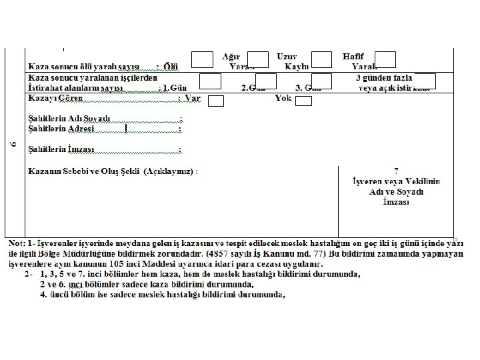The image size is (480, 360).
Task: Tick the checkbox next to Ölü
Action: click(202, 60)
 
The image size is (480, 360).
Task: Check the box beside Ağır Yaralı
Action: click(258, 60)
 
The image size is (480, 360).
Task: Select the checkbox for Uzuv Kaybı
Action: click(321, 60)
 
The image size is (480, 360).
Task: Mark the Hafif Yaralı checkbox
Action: click(385, 60)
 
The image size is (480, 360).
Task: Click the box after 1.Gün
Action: click(210, 82)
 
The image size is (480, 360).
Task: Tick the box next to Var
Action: click(215, 101)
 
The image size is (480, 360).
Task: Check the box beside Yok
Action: click(303, 101)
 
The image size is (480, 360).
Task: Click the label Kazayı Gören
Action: click(51, 98)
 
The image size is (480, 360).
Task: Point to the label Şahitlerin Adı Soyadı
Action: click(69, 119)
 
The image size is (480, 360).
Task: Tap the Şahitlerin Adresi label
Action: click(61, 128)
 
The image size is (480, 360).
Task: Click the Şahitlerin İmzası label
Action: click(61, 149)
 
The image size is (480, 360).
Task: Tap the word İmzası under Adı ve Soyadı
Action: click(396, 201)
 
